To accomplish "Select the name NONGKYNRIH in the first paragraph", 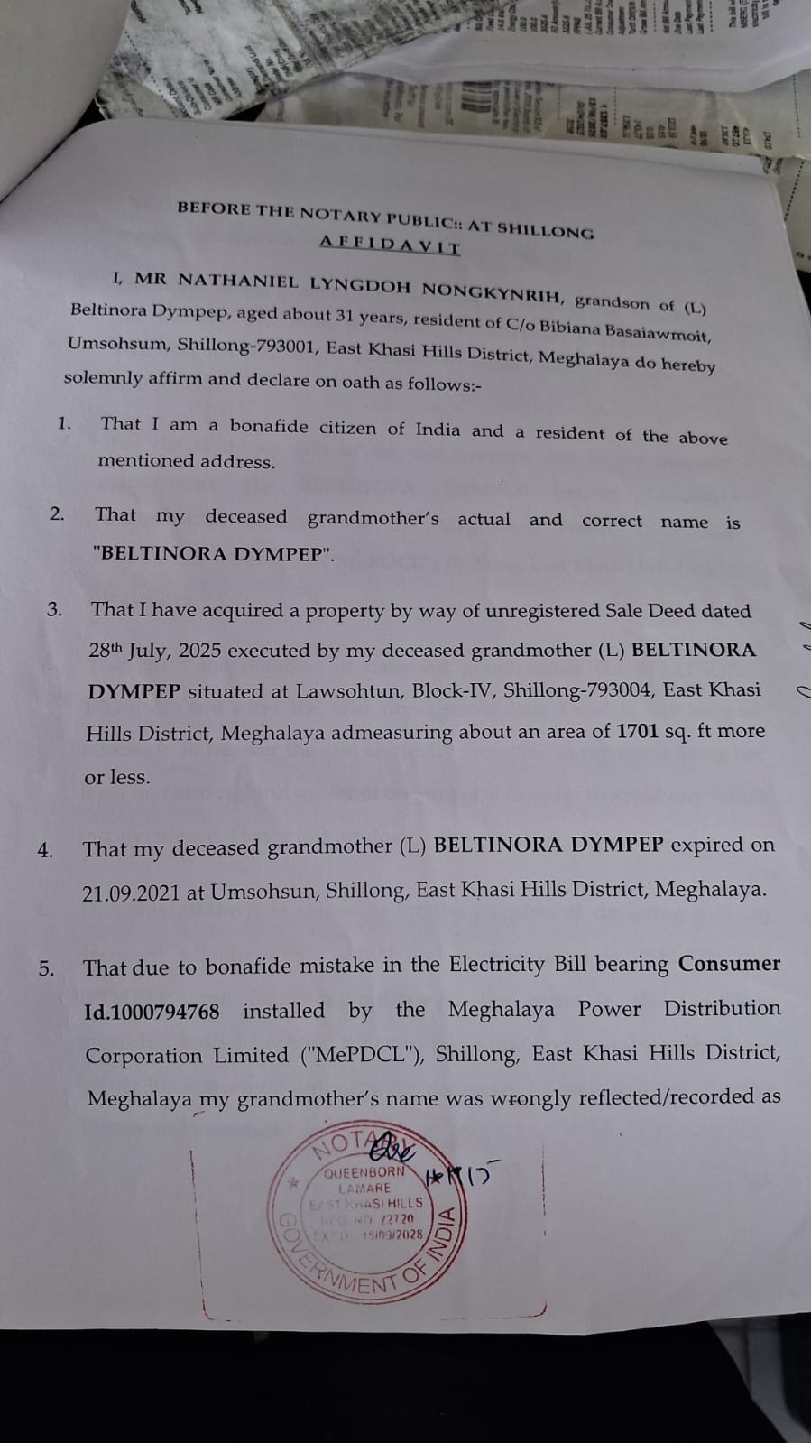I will point(493,290).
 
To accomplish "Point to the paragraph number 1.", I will point(64,423).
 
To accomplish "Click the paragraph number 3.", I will point(55,609).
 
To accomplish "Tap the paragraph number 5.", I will point(46,969).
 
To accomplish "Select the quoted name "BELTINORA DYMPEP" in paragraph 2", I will point(213,554).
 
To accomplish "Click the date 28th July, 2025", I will point(154,651).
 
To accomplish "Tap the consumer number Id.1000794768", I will point(152,1012).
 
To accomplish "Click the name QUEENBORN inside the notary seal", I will point(364,1172).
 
